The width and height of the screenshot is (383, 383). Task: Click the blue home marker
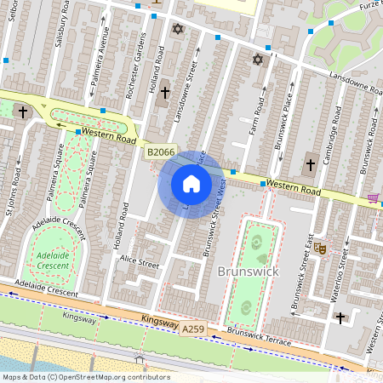pyautogui.click(x=191, y=184)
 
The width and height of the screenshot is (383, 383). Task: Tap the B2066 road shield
pyautogui.click(x=160, y=152)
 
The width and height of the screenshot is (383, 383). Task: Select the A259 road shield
pyautogui.click(x=193, y=327)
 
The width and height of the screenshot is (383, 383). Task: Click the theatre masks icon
pyautogui.click(x=321, y=248)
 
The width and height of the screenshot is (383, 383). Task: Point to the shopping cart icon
pyautogui.click(x=373, y=197)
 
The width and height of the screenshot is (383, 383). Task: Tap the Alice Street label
pyautogui.click(x=140, y=261)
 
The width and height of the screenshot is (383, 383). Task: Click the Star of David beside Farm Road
pyautogui.click(x=258, y=60)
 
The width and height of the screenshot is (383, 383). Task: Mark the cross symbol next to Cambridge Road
pyautogui.click(x=310, y=163)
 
